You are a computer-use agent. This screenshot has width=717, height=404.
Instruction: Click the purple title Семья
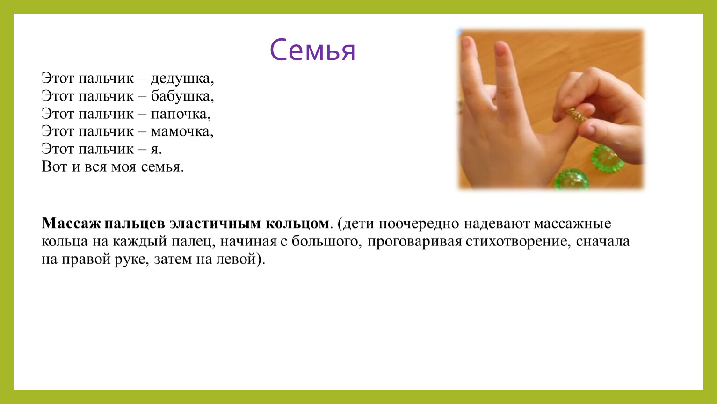pyautogui.click(x=312, y=50)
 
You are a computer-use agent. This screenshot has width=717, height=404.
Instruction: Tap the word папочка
pyautogui.click(x=181, y=114)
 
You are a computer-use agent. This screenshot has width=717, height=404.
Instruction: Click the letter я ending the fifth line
pyautogui.click(x=156, y=149)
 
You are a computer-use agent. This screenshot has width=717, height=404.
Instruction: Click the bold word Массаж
pyautogui.click(x=71, y=223)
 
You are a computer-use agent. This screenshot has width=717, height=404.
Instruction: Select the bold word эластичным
pyautogui.click(x=215, y=223)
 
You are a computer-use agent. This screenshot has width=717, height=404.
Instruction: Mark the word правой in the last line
pyautogui.click(x=87, y=260)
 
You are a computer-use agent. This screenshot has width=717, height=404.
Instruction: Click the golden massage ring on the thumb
pyautogui.click(x=576, y=115)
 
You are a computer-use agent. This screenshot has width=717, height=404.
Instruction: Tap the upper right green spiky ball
pyautogui.click(x=608, y=158)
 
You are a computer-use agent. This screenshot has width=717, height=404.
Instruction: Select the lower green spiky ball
pyautogui.click(x=572, y=180)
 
